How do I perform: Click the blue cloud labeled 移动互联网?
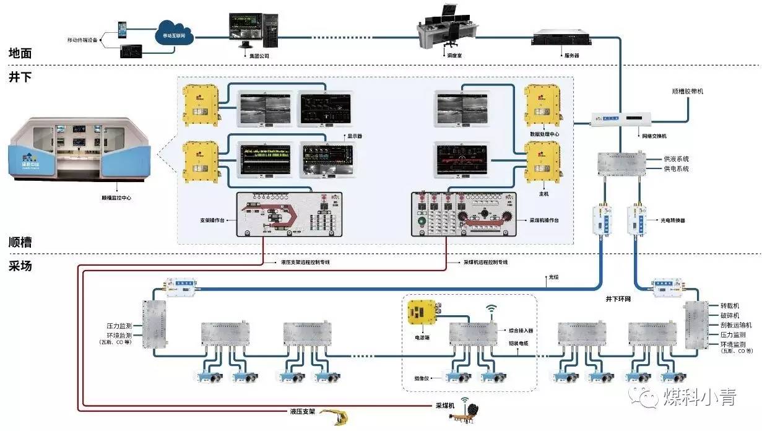point(174,34)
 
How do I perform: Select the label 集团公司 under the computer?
point(257,56)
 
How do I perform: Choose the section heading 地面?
point(20,54)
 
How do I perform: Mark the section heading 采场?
point(20,266)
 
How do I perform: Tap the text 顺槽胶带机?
point(687,92)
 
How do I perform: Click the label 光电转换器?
point(673,220)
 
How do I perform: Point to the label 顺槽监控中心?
point(116,198)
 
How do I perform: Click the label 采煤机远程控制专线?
point(486,263)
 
